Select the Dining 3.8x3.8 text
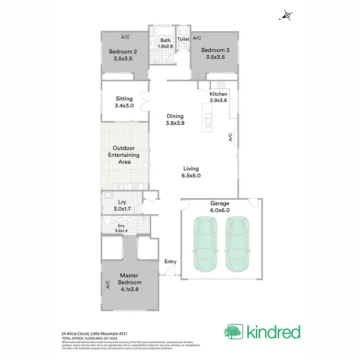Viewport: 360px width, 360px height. [x=175, y=120]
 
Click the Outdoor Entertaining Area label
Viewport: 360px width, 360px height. [x=123, y=155]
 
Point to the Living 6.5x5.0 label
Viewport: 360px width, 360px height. [x=191, y=172]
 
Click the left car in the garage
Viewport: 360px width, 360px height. [x=206, y=243]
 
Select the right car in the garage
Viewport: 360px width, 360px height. [x=237, y=243]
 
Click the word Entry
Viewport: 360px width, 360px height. [x=170, y=262]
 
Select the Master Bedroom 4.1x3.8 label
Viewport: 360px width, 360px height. [x=130, y=283]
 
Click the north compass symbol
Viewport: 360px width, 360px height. [x=287, y=16]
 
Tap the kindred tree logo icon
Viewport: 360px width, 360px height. [x=233, y=332]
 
